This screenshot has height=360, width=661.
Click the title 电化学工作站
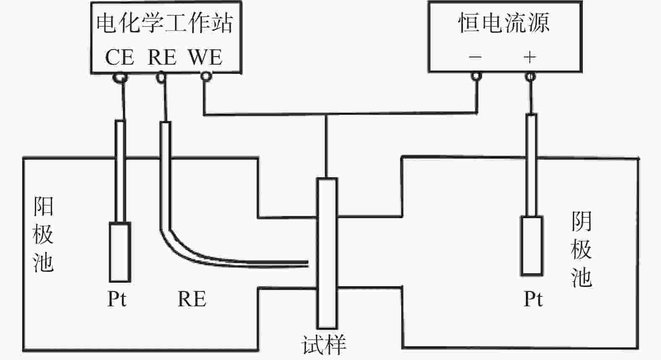(165, 23)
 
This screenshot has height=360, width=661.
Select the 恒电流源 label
(504, 23)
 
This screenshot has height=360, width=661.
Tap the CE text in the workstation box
(119, 57)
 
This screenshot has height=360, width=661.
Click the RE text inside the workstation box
(162, 57)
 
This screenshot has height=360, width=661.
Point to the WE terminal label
(205, 57)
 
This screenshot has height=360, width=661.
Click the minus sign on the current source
(475, 57)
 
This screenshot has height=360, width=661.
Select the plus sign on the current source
(530, 57)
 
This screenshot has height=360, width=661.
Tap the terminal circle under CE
(121, 77)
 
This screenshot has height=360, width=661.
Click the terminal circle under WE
(205, 77)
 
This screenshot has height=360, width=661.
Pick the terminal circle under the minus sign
(476, 76)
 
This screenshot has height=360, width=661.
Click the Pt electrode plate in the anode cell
(120, 252)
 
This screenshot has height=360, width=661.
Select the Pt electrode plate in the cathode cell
(532, 245)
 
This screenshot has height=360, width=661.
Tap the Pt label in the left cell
(117, 299)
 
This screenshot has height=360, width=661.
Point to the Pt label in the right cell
(533, 299)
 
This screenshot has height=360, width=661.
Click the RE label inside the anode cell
(192, 299)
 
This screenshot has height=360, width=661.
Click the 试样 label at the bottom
(324, 345)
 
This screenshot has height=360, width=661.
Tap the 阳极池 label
(43, 235)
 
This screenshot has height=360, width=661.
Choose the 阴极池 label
(581, 250)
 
